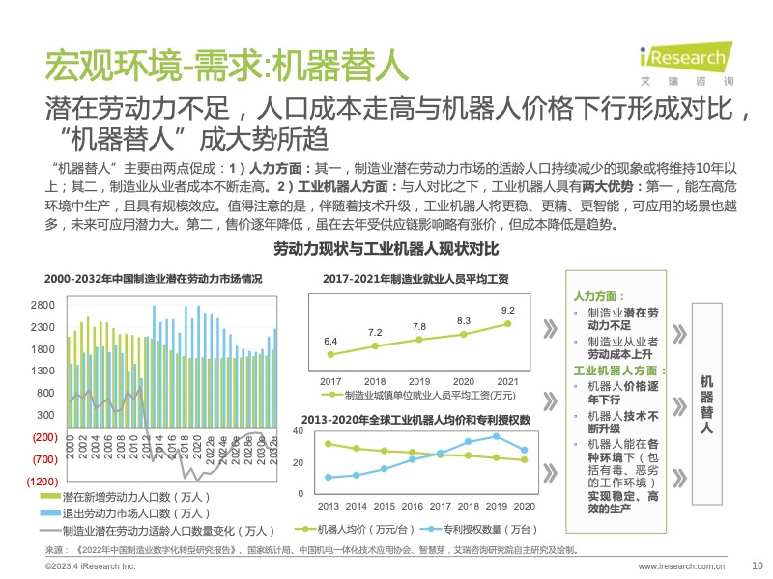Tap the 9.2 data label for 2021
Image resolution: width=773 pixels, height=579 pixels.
click(507, 310)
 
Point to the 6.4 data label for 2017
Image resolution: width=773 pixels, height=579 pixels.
click(330, 342)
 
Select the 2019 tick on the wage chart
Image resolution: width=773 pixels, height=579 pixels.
click(418, 381)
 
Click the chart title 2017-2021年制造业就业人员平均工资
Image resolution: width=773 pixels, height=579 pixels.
click(416, 279)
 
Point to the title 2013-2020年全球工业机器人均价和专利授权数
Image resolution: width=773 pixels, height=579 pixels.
click(415, 420)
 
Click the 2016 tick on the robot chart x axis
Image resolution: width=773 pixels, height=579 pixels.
click(412, 506)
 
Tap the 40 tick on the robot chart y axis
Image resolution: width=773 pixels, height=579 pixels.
click(299, 431)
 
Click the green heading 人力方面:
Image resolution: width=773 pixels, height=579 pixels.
click(599, 297)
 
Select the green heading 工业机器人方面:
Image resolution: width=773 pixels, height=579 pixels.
click(620, 370)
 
